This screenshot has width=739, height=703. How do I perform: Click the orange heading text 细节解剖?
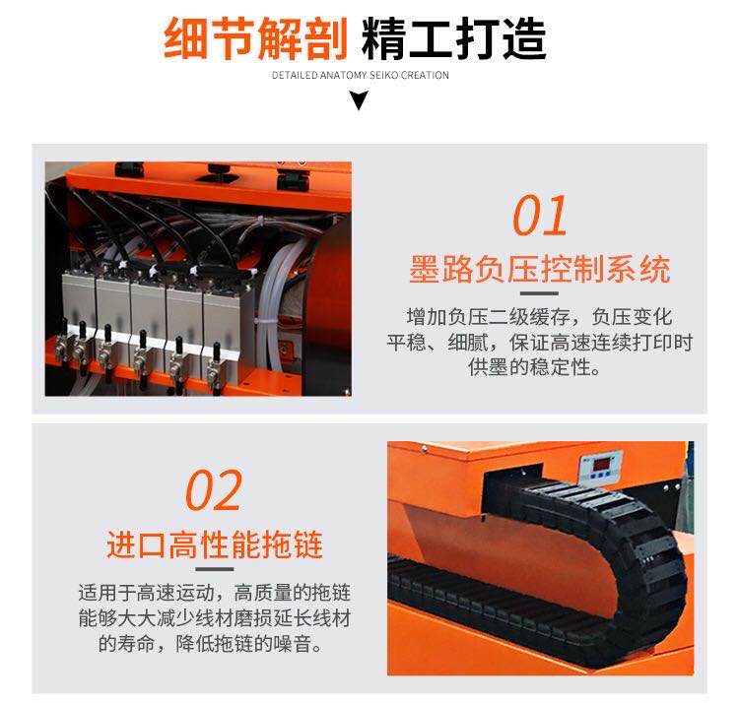click(x=256, y=38)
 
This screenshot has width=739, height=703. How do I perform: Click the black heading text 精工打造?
click(x=454, y=38)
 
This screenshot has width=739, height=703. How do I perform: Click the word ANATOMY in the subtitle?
click(x=344, y=75)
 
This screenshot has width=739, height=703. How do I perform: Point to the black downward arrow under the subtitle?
click(x=359, y=99)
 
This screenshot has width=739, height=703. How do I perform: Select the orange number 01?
click(x=540, y=216)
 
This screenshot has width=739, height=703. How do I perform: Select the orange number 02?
click(x=214, y=490)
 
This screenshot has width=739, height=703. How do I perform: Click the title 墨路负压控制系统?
click(x=540, y=270)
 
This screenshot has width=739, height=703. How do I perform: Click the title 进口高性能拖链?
click(x=215, y=544)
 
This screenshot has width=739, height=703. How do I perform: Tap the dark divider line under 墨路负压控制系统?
click(x=539, y=293)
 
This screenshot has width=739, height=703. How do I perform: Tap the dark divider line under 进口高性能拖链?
click(x=215, y=569)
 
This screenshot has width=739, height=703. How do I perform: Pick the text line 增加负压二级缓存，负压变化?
click(x=540, y=317)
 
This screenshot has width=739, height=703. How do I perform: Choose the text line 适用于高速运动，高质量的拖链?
click(x=215, y=593)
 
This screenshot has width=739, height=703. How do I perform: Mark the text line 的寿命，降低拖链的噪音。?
click(x=210, y=643)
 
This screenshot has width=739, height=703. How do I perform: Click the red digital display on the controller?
click(x=602, y=465)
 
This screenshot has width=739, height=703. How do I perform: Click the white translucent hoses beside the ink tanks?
click(x=273, y=301)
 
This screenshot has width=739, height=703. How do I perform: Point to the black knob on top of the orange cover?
click(x=218, y=169)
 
